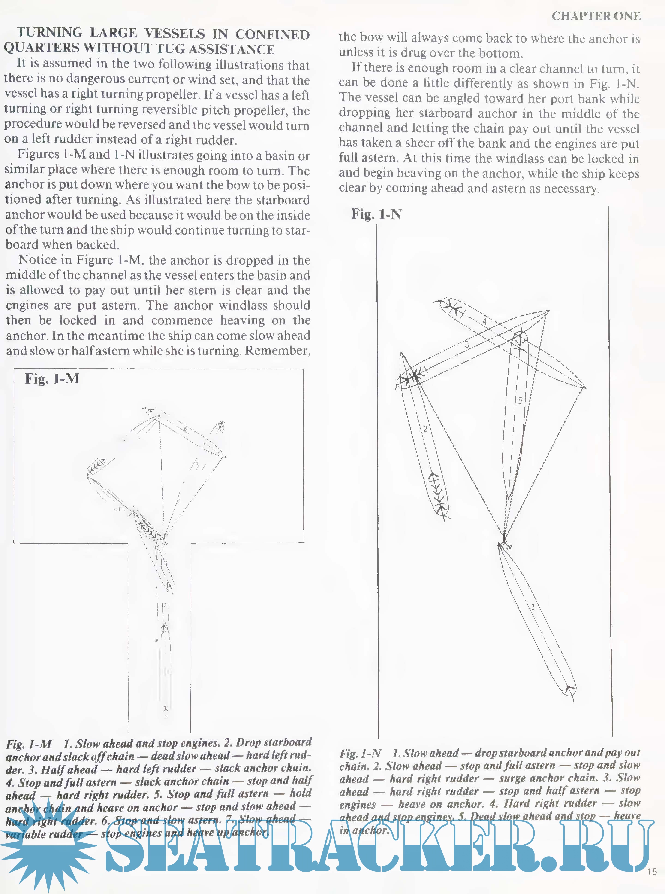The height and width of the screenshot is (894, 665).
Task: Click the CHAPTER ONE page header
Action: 596,16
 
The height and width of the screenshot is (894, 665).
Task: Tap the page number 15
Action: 652,871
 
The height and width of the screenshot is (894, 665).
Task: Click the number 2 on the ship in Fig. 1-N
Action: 425,429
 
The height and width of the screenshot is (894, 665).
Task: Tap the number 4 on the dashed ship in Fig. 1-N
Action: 485,321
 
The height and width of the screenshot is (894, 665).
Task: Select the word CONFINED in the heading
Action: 273,34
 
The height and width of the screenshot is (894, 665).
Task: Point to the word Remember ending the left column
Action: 277,351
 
